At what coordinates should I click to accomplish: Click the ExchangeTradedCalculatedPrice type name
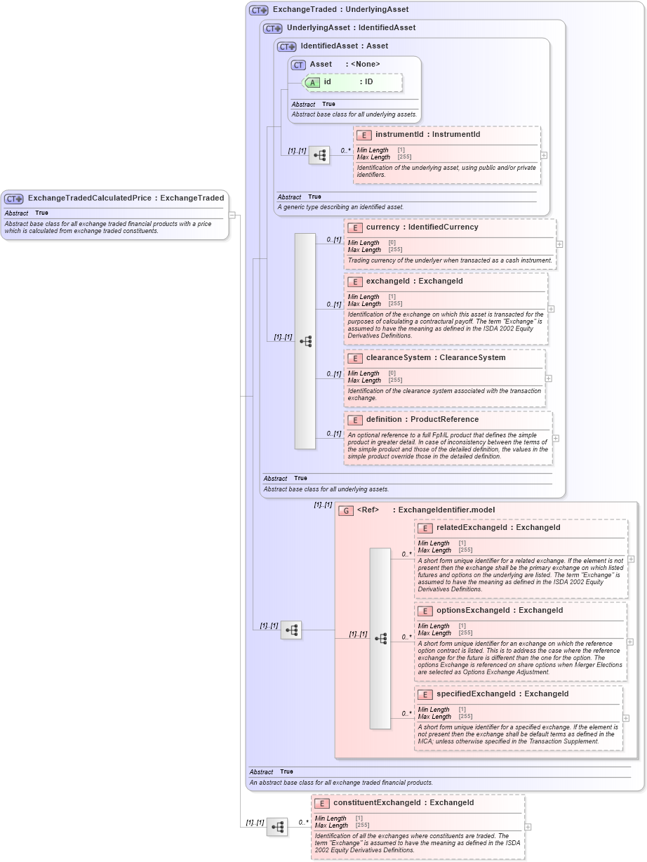click(x=89, y=198)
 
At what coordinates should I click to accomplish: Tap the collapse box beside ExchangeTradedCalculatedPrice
click(x=232, y=215)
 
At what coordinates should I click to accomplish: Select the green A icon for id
click(x=312, y=82)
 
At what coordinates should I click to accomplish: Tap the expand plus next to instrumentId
click(x=544, y=155)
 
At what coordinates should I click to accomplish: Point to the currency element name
click(x=382, y=227)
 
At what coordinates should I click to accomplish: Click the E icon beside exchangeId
click(x=355, y=281)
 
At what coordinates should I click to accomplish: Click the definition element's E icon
click(x=355, y=420)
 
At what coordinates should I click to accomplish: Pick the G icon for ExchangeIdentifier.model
click(x=345, y=510)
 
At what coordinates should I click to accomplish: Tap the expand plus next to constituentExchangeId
click(x=528, y=827)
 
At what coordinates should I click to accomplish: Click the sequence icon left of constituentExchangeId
click(x=277, y=827)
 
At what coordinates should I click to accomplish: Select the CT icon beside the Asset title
click(x=299, y=65)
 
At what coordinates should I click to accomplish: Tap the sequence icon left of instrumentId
click(x=319, y=155)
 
